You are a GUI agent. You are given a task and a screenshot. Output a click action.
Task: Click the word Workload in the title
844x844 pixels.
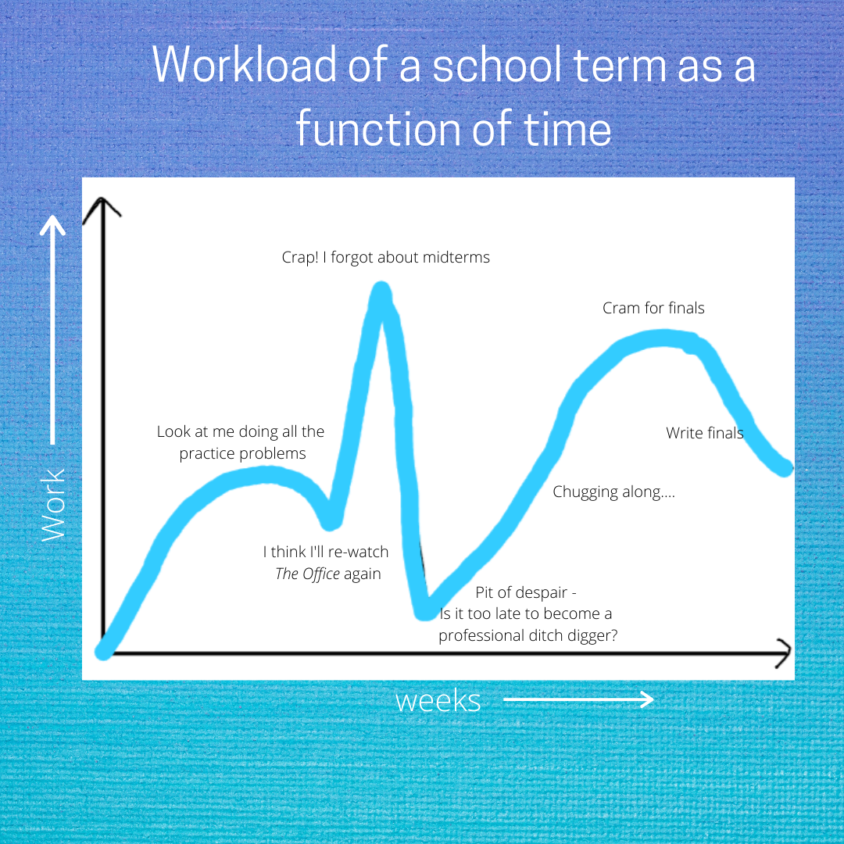[245, 65]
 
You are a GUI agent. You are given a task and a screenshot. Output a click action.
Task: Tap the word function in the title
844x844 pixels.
[378, 128]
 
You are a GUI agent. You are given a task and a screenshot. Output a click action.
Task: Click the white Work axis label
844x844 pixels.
[53, 505]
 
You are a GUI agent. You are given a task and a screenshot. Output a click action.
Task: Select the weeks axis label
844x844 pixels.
[438, 701]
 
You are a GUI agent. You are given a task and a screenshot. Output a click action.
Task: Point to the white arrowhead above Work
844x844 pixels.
[53, 224]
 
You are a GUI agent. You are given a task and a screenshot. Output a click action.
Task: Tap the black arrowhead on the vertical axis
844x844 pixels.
[102, 209]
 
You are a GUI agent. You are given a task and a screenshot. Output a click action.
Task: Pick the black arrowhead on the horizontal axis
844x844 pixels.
[784, 653]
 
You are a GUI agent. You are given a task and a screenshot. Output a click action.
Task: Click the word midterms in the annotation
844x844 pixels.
[456, 257]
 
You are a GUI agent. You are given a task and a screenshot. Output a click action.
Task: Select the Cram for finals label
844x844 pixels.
[653, 308]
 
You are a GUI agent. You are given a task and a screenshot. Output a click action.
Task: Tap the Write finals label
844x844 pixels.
[705, 433]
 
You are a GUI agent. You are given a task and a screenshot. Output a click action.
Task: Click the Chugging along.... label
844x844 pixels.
[613, 492]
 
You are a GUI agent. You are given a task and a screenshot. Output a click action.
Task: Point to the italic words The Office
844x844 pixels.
[307, 574]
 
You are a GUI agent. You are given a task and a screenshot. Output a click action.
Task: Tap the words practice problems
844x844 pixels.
[242, 454]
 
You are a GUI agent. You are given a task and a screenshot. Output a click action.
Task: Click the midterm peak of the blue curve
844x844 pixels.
[381, 291]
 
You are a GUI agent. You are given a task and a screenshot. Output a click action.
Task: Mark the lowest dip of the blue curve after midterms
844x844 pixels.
[425, 611]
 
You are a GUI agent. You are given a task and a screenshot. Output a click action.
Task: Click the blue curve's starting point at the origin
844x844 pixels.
[103, 651]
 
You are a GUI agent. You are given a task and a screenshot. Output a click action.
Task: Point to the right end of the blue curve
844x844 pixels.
[785, 468]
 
